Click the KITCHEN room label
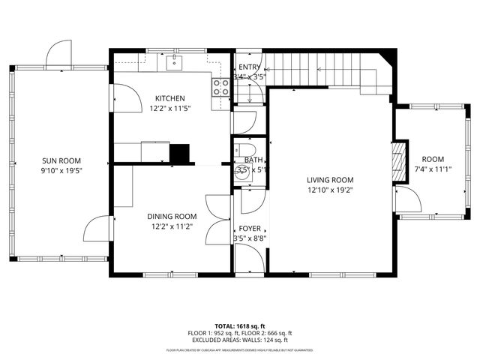click(x=170, y=98)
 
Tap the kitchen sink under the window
click(x=174, y=60)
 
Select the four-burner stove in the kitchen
click(x=220, y=87)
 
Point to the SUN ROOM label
click(x=61, y=160)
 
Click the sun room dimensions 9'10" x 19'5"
click(x=61, y=170)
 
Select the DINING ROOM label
click(x=170, y=216)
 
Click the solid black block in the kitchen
click(x=181, y=153)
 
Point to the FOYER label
click(x=250, y=229)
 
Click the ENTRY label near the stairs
click(x=249, y=67)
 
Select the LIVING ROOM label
click(x=330, y=179)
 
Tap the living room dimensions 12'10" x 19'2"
click(x=330, y=190)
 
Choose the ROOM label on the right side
click(x=433, y=159)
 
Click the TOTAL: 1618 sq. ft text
click(x=240, y=326)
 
